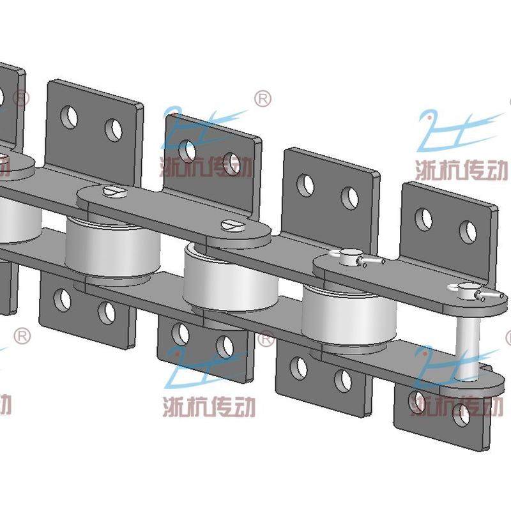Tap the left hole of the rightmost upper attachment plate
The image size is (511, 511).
[x=424, y=219]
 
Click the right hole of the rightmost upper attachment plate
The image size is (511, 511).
[x=468, y=233]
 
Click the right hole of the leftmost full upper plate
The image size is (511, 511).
[x=114, y=130]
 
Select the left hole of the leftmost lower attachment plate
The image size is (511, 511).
[x=62, y=299]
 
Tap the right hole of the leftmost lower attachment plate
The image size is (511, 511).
[x=106, y=312]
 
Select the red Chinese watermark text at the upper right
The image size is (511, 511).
[x=461, y=169]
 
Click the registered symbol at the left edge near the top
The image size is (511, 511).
[x=21, y=98]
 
